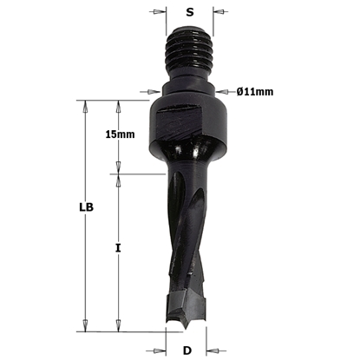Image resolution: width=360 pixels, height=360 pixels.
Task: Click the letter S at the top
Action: (x=190, y=14)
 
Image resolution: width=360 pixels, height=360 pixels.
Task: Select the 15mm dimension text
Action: (x=119, y=134)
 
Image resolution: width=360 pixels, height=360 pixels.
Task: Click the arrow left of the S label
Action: (x=159, y=14)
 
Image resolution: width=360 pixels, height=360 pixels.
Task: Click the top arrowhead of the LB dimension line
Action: (x=85, y=105)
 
